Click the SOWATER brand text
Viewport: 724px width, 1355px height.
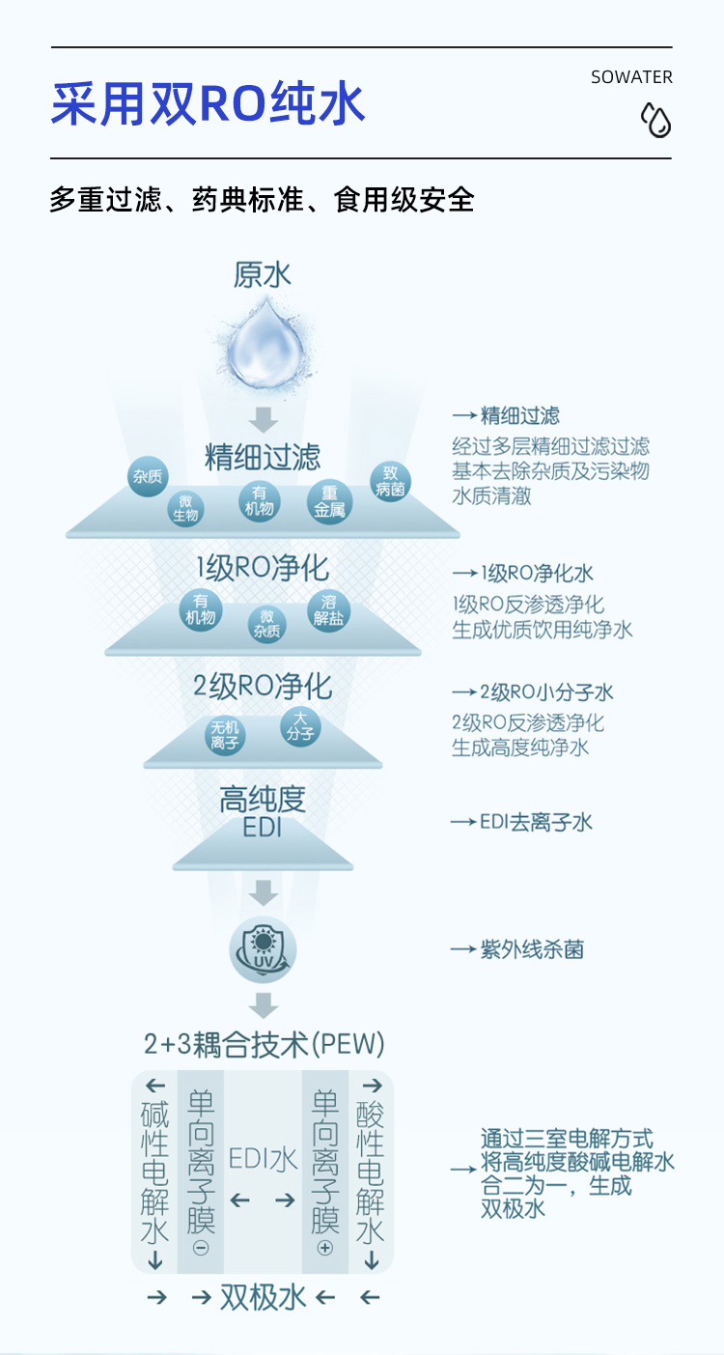pos(631,77)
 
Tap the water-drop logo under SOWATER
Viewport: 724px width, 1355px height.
pos(655,121)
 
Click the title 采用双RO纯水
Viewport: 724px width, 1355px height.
pos(208,104)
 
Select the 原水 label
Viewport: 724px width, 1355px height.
pos(263,275)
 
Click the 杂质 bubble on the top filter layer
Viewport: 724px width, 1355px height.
pos(149,477)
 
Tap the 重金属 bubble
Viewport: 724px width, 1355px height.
pos(329,502)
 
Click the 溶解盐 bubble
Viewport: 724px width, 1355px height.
pos(329,610)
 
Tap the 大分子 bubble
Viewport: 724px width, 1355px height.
pos(299,726)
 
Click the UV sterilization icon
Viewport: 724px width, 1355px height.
pos(263,947)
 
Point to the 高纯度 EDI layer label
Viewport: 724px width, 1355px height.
pos(263,812)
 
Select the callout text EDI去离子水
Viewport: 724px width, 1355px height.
pos(536,822)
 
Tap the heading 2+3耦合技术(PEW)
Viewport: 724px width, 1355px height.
pos(264,1044)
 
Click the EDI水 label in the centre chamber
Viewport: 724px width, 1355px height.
pos(263,1158)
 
